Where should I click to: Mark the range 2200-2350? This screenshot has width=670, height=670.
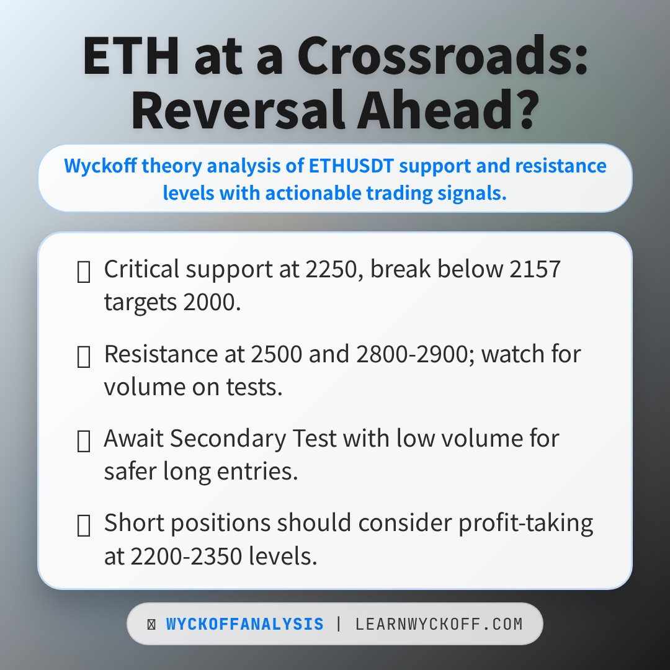coord(187,556)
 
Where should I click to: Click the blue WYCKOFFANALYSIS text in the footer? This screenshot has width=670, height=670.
coord(244,624)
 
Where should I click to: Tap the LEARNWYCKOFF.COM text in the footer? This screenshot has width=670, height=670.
coord(439,624)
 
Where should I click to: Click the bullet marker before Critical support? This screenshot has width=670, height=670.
coord(83,272)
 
